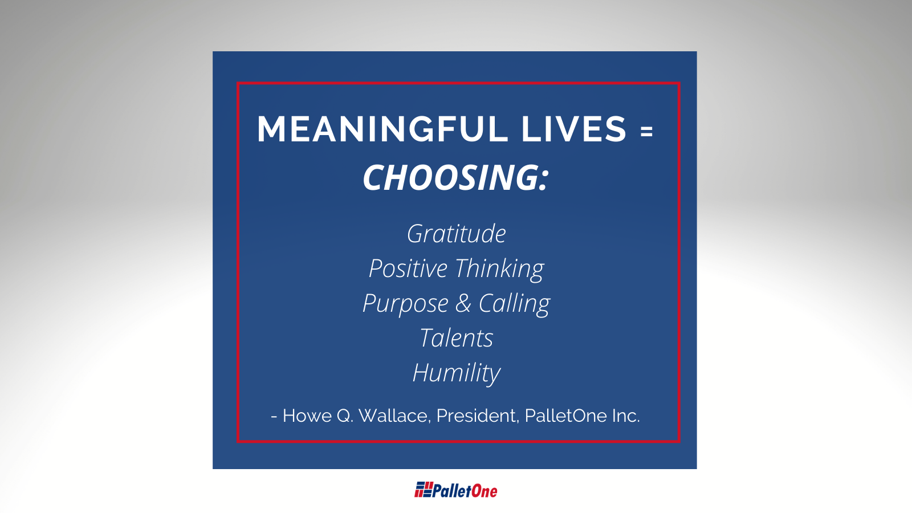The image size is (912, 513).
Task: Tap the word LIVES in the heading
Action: [x=573, y=129]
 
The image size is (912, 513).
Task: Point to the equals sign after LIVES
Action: [x=646, y=132]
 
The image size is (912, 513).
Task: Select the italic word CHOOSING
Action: [x=451, y=178]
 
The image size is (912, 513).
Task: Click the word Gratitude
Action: [x=457, y=234]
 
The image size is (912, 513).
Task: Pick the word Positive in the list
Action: [x=408, y=268]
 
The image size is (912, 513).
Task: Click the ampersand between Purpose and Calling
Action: [x=463, y=303]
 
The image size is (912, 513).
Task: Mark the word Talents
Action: [x=457, y=338]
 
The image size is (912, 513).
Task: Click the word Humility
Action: [x=457, y=373]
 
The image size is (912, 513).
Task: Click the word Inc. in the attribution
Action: [x=626, y=416]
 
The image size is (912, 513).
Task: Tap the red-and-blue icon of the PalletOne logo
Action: [x=424, y=490]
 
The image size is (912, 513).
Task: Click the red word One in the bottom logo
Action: [x=484, y=491]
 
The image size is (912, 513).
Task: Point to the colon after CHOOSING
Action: [x=544, y=180]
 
